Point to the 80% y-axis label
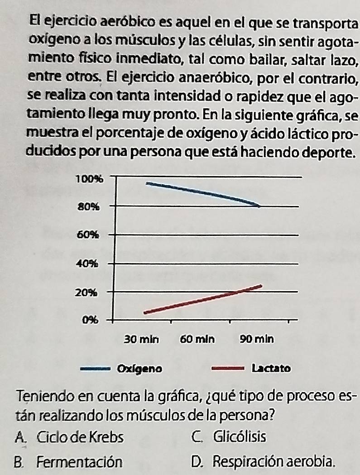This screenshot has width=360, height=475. pos(89,207)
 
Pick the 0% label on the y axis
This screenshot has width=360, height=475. pos(90,321)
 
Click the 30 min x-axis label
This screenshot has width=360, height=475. pos(141,339)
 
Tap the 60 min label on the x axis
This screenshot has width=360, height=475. pos(198,339)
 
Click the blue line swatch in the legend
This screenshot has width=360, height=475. pos(95,369)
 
